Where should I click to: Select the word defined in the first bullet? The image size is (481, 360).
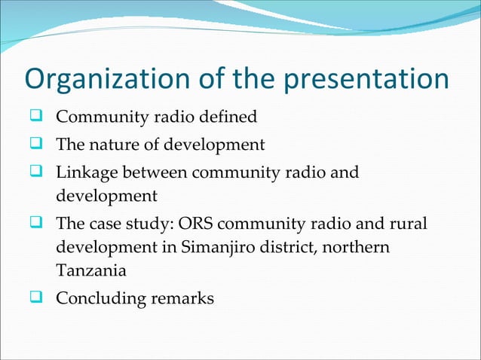tap(230, 117)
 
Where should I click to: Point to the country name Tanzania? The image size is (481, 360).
tap(88, 270)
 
